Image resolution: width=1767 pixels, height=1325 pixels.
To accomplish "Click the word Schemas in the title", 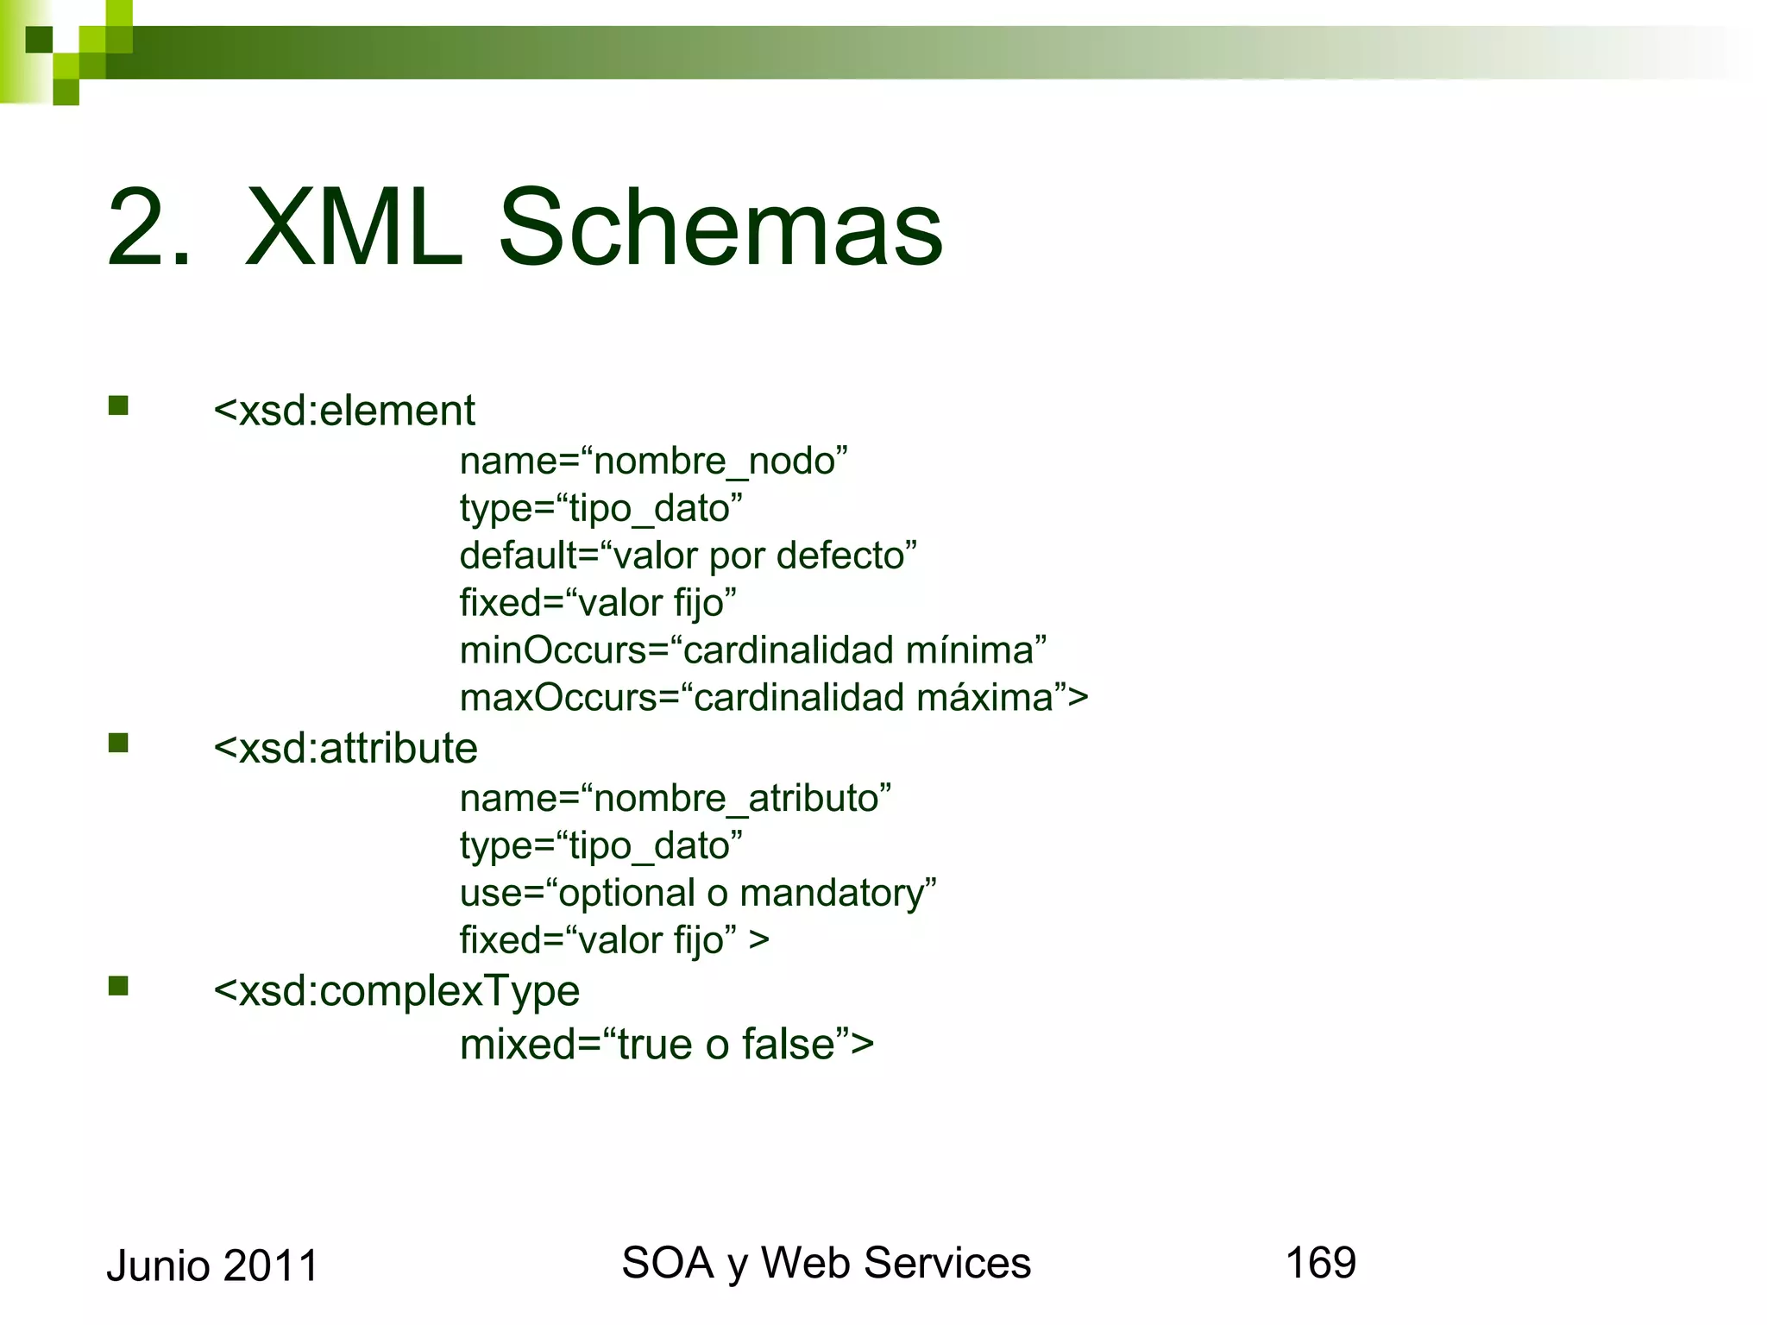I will (720, 229).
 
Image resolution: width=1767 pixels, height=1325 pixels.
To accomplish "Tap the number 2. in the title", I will (148, 229).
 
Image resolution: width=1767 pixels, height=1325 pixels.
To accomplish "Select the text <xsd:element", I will (343, 411).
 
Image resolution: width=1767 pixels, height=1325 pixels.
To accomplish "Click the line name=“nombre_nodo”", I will (653, 462).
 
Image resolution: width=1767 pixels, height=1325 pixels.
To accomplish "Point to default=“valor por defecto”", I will (688, 556).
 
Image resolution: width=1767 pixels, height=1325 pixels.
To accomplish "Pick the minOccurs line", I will (752, 650).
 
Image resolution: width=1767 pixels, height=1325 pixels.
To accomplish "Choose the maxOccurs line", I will (773, 698).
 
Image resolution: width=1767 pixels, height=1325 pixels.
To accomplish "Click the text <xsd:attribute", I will (345, 748).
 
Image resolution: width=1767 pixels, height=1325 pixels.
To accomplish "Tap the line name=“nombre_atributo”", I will (675, 799).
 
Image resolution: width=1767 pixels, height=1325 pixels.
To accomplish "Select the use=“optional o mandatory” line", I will (697, 894).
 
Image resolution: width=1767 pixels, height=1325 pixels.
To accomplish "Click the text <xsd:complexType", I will (396, 991).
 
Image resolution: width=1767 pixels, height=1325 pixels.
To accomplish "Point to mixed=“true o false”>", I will (666, 1045).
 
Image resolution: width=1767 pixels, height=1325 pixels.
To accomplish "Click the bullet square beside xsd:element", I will (118, 405).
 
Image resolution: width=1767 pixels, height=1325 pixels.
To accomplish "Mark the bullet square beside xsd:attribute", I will (118, 743).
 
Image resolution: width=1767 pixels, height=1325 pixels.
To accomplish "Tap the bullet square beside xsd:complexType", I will (118, 986).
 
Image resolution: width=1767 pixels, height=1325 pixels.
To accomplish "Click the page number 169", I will (1320, 1263).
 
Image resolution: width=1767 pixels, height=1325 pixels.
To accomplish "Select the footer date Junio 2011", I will (212, 1266).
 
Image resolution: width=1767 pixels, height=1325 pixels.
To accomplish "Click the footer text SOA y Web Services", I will (826, 1264).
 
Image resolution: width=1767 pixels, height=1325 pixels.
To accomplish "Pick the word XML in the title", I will (354, 229).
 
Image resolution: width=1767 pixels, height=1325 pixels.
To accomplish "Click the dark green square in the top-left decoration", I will (39, 40).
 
